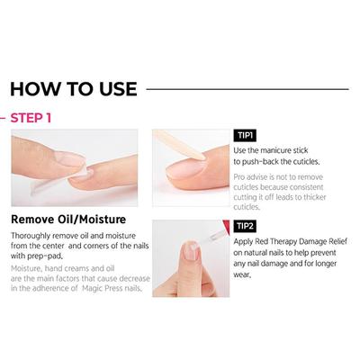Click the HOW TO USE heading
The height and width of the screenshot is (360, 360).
pos(73,88)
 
